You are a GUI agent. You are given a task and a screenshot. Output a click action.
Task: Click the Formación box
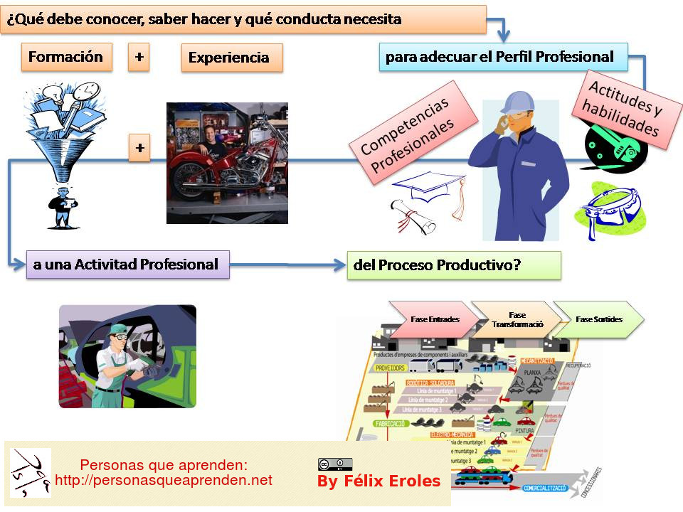tap(67, 57)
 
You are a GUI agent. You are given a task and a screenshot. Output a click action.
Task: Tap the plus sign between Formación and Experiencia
tap(139, 57)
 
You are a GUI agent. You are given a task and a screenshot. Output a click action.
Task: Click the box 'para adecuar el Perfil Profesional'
tap(503, 56)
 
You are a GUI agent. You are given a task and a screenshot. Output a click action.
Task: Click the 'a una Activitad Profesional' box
tap(127, 265)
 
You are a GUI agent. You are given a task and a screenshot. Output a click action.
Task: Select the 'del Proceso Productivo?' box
tap(453, 265)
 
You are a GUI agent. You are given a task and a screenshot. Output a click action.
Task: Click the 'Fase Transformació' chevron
tap(517, 319)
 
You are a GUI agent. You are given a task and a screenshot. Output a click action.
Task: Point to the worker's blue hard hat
tap(515, 101)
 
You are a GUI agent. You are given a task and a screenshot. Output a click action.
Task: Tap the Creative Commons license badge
tap(335, 464)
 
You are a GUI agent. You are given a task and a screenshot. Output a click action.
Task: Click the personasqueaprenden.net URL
tap(164, 481)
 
